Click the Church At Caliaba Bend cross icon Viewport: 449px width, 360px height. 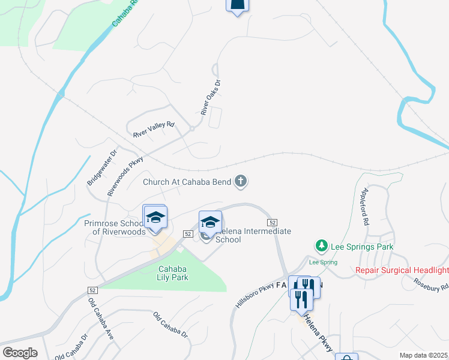point(241,181)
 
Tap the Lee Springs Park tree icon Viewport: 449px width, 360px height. point(322,246)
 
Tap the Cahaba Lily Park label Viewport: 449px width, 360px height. point(173,273)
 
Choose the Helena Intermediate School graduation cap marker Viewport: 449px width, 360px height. point(210,222)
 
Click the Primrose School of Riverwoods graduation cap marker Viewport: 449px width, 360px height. point(155,217)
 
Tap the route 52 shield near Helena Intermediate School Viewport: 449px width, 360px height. point(188,233)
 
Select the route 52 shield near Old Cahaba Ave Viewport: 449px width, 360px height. point(83,290)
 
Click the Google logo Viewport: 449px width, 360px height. point(20,353)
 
